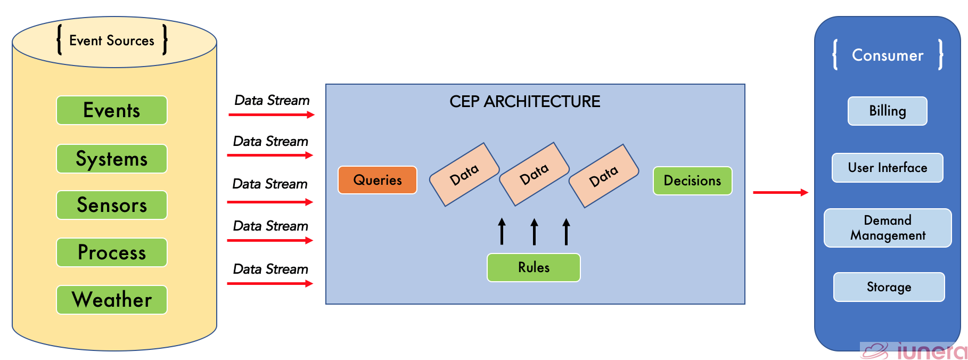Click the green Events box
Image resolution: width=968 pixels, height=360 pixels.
[x=112, y=110]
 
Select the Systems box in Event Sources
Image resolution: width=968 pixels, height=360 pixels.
[x=112, y=159]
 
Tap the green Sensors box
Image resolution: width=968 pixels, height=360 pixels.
[x=112, y=205]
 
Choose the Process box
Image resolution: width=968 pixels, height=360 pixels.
[x=112, y=252]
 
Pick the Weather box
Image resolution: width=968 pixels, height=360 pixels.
[x=112, y=300]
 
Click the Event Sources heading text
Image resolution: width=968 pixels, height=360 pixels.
[x=112, y=40]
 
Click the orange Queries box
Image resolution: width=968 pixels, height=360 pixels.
[x=378, y=180]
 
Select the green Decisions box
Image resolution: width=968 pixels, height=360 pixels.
[x=692, y=181]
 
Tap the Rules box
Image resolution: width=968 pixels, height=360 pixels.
[x=534, y=267]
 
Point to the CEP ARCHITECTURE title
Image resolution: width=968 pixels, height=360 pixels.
[x=524, y=102]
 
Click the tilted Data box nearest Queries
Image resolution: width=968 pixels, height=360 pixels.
[x=464, y=174]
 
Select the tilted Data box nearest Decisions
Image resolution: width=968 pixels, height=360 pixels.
[x=604, y=176]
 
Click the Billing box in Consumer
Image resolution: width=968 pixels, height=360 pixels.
[x=887, y=111]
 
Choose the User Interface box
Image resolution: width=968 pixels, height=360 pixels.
[x=887, y=168]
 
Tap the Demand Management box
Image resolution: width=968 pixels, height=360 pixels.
[x=888, y=228]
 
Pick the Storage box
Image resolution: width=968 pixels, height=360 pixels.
[x=889, y=287]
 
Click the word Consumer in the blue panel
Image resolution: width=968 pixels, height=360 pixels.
[x=888, y=55]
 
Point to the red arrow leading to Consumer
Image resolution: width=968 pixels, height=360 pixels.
[x=780, y=192]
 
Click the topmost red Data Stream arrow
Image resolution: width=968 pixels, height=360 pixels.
[x=271, y=114]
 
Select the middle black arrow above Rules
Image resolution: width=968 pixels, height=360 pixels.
[x=534, y=232]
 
